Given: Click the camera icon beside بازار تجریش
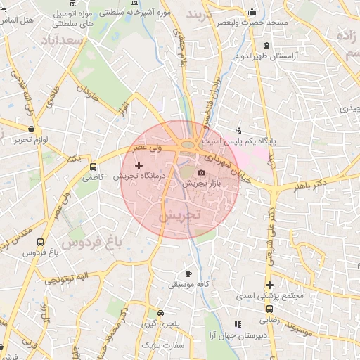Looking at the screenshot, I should pyautogui.click(x=202, y=172).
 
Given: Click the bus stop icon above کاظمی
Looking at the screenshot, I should pyautogui.click(x=94, y=167).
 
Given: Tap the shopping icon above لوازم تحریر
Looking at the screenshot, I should pyautogui.click(x=31, y=129).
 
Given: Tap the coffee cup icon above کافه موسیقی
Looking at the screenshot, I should pyautogui.click(x=188, y=274).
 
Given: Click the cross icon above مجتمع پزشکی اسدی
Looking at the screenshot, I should pyautogui.click(x=269, y=285).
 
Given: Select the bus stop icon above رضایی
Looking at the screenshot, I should pyautogui.click(x=269, y=308).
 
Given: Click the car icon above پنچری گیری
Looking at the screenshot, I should pyautogui.click(x=161, y=313).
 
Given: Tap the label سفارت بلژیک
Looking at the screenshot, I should pyautogui.click(x=162, y=346).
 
